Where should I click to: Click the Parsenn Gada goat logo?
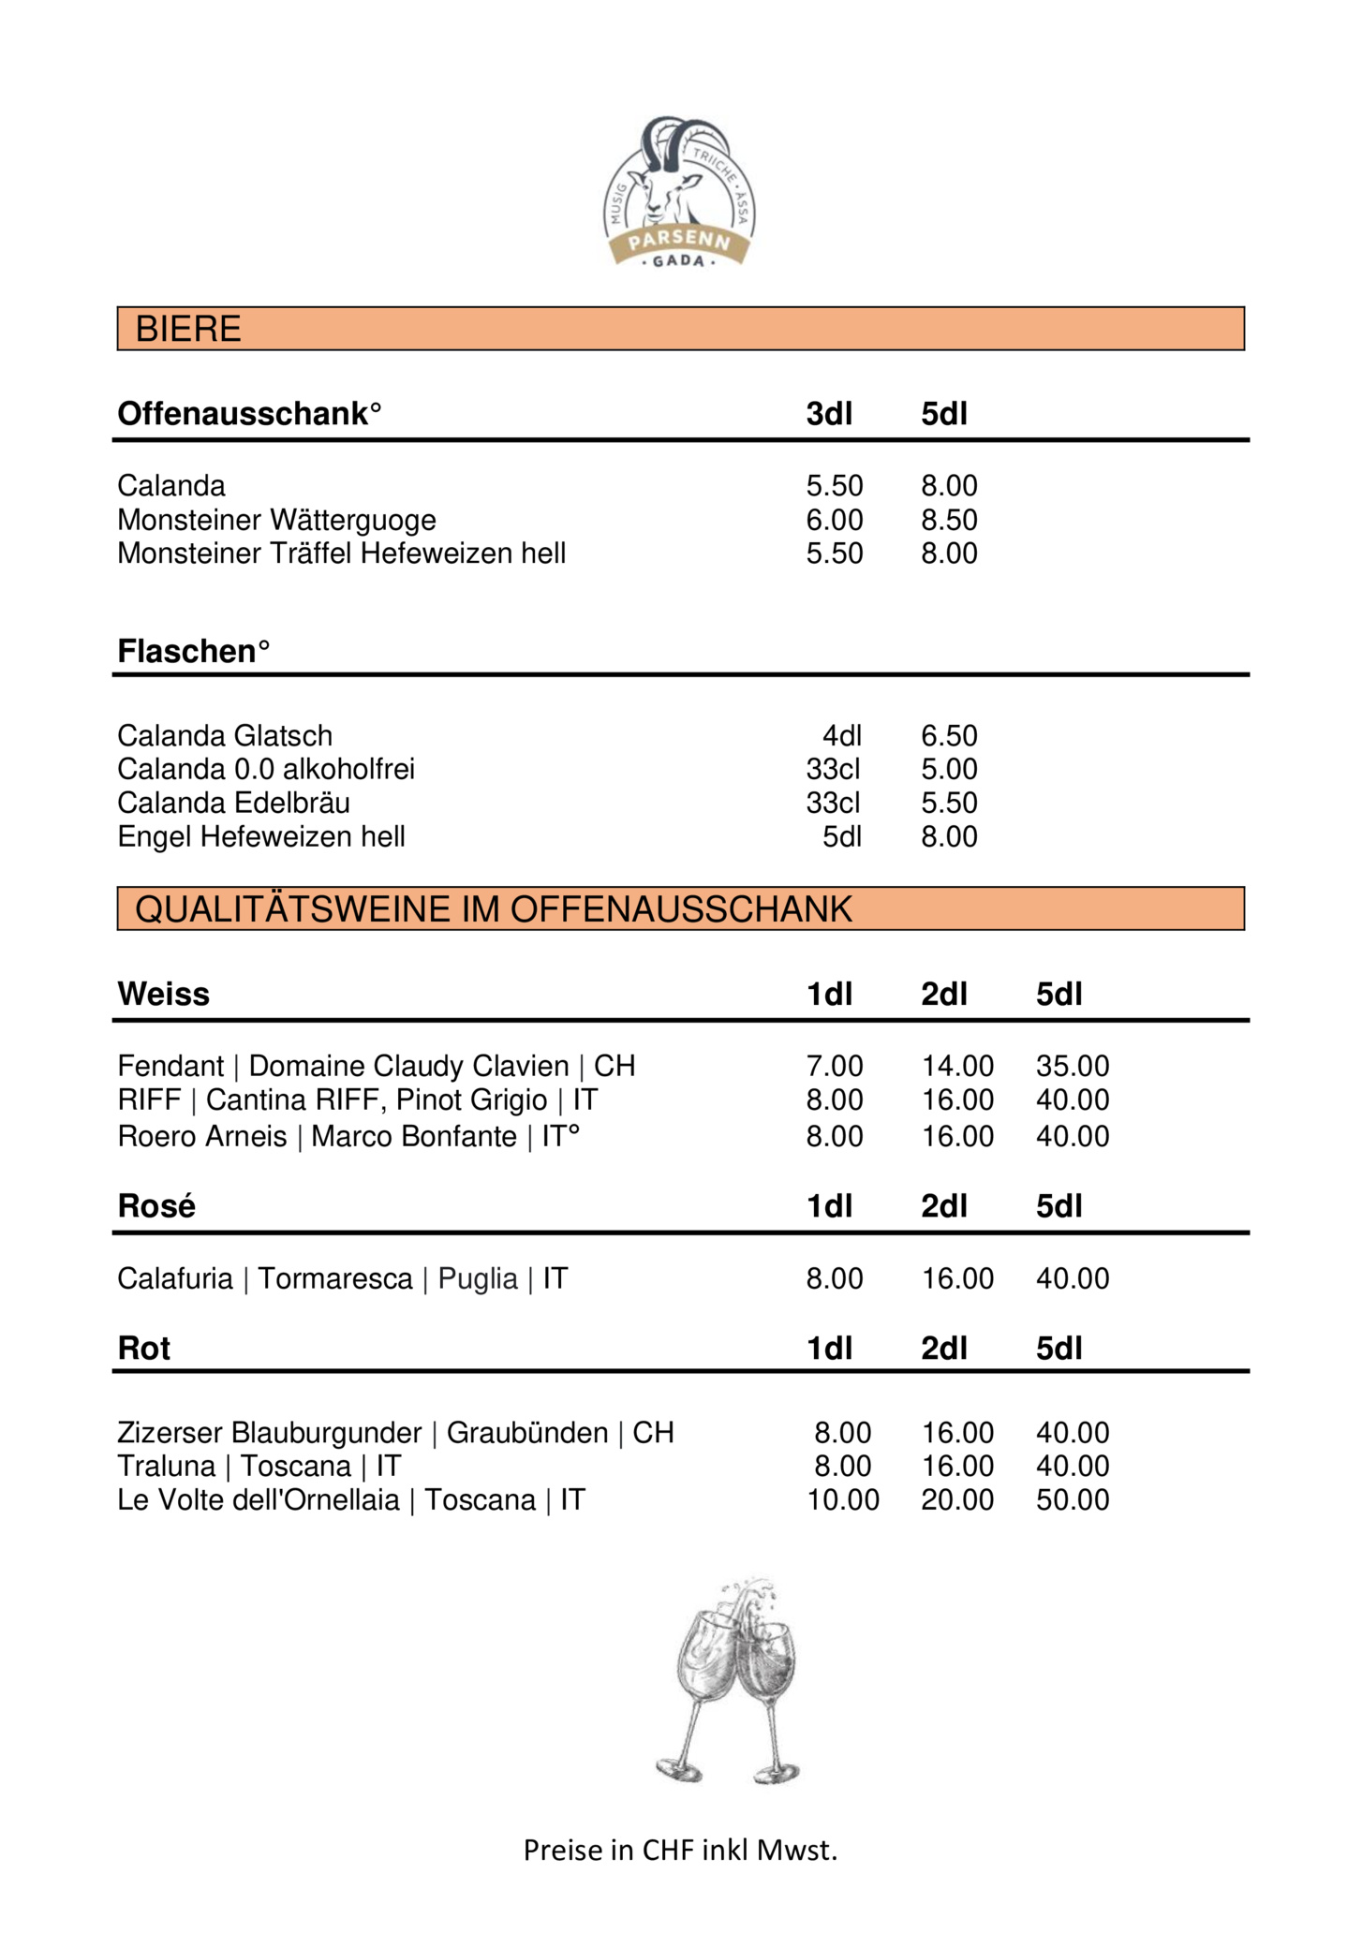pyautogui.click(x=679, y=192)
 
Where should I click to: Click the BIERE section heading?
pyautogui.click(x=188, y=329)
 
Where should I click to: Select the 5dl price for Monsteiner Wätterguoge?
pyautogui.click(x=948, y=520)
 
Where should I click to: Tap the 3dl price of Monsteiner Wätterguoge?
pyautogui.click(x=834, y=520)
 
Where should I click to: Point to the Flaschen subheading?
pyautogui.click(x=192, y=651)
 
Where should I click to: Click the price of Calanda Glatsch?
pyautogui.click(x=948, y=735)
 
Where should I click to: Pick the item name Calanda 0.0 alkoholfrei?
pyautogui.click(x=265, y=769)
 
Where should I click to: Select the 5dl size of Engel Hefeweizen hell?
pyautogui.click(x=841, y=836)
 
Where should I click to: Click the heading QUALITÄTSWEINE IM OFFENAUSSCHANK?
pyautogui.click(x=494, y=909)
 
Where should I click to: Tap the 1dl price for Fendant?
pyautogui.click(x=834, y=1066)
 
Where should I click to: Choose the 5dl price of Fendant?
pyautogui.click(x=1072, y=1066)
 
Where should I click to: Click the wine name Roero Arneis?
pyautogui.click(x=201, y=1136)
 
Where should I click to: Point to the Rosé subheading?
pyautogui.click(x=156, y=1206)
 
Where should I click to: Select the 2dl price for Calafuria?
pyautogui.click(x=956, y=1278)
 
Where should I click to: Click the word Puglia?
pyautogui.click(x=478, y=1278)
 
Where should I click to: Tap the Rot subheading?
pyautogui.click(x=143, y=1349)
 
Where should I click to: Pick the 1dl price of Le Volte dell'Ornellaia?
pyautogui.click(x=842, y=1499)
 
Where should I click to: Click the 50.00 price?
pyautogui.click(x=1072, y=1499)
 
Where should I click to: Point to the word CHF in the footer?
pyautogui.click(x=667, y=1850)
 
